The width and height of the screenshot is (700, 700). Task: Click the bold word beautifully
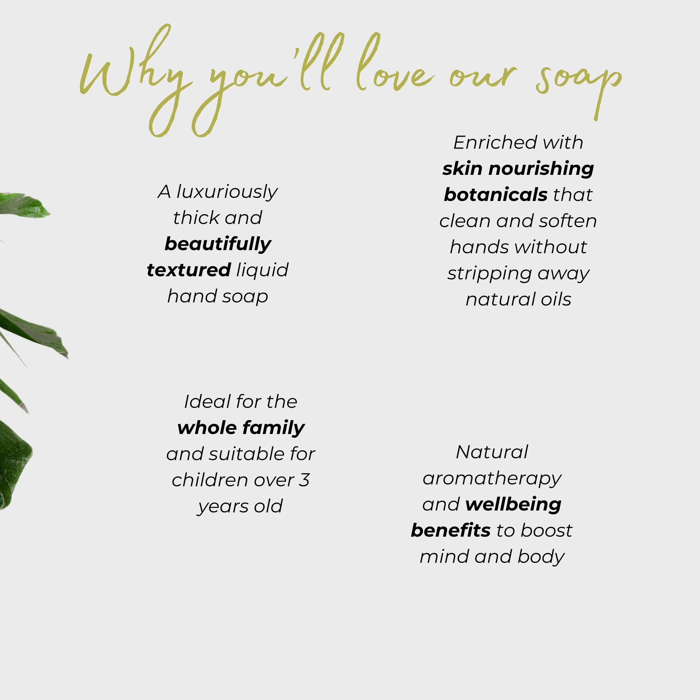click(x=218, y=244)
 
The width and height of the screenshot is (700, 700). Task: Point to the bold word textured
click(x=189, y=270)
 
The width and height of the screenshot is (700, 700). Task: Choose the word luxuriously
click(x=227, y=192)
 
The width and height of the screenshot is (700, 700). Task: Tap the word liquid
click(x=262, y=270)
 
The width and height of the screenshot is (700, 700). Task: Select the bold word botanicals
click(x=495, y=194)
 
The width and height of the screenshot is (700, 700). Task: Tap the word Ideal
click(x=208, y=401)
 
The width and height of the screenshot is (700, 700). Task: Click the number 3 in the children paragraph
click(x=304, y=480)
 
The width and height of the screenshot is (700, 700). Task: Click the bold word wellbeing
click(x=513, y=505)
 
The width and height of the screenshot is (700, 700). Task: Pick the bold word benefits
click(x=451, y=530)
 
